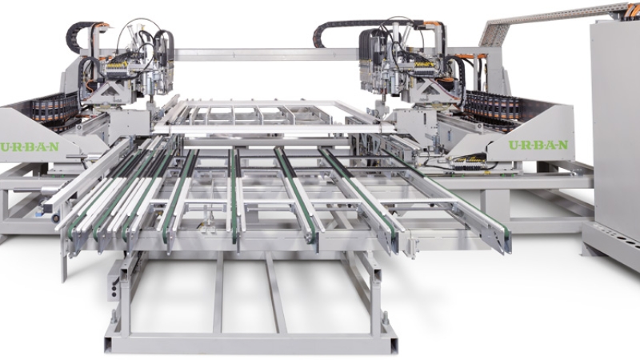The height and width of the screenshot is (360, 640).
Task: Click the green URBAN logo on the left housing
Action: click(30, 147)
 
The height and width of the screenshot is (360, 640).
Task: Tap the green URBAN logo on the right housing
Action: click(538, 145)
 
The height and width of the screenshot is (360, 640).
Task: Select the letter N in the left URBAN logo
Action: click(54, 147)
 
